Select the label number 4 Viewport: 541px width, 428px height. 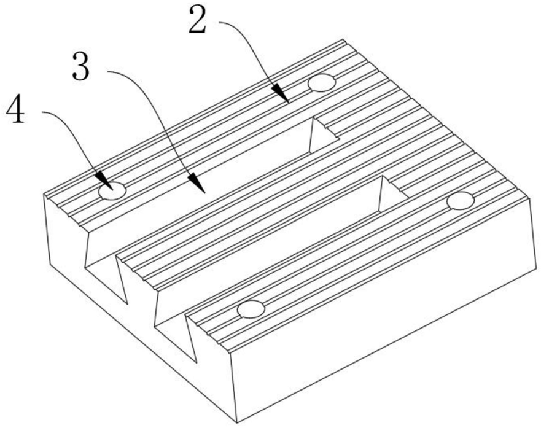pos(16,111)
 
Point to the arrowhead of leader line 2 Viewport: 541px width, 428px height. pos(281,94)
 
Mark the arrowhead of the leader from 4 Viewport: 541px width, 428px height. pos(105,181)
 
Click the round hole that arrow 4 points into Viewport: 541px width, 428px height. pos(112,191)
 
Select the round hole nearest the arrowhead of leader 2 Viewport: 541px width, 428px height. pos(322,82)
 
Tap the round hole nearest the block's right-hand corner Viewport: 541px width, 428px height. pos(461,201)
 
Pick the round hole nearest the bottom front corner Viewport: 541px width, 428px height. pos(251,309)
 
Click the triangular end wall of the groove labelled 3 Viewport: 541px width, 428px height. pos(322,136)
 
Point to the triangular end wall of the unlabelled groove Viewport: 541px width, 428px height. pos(392,194)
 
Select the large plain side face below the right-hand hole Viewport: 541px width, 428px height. pos(383,317)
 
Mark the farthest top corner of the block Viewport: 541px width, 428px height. pos(343,40)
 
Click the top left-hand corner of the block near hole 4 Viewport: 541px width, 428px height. pos(44,194)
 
